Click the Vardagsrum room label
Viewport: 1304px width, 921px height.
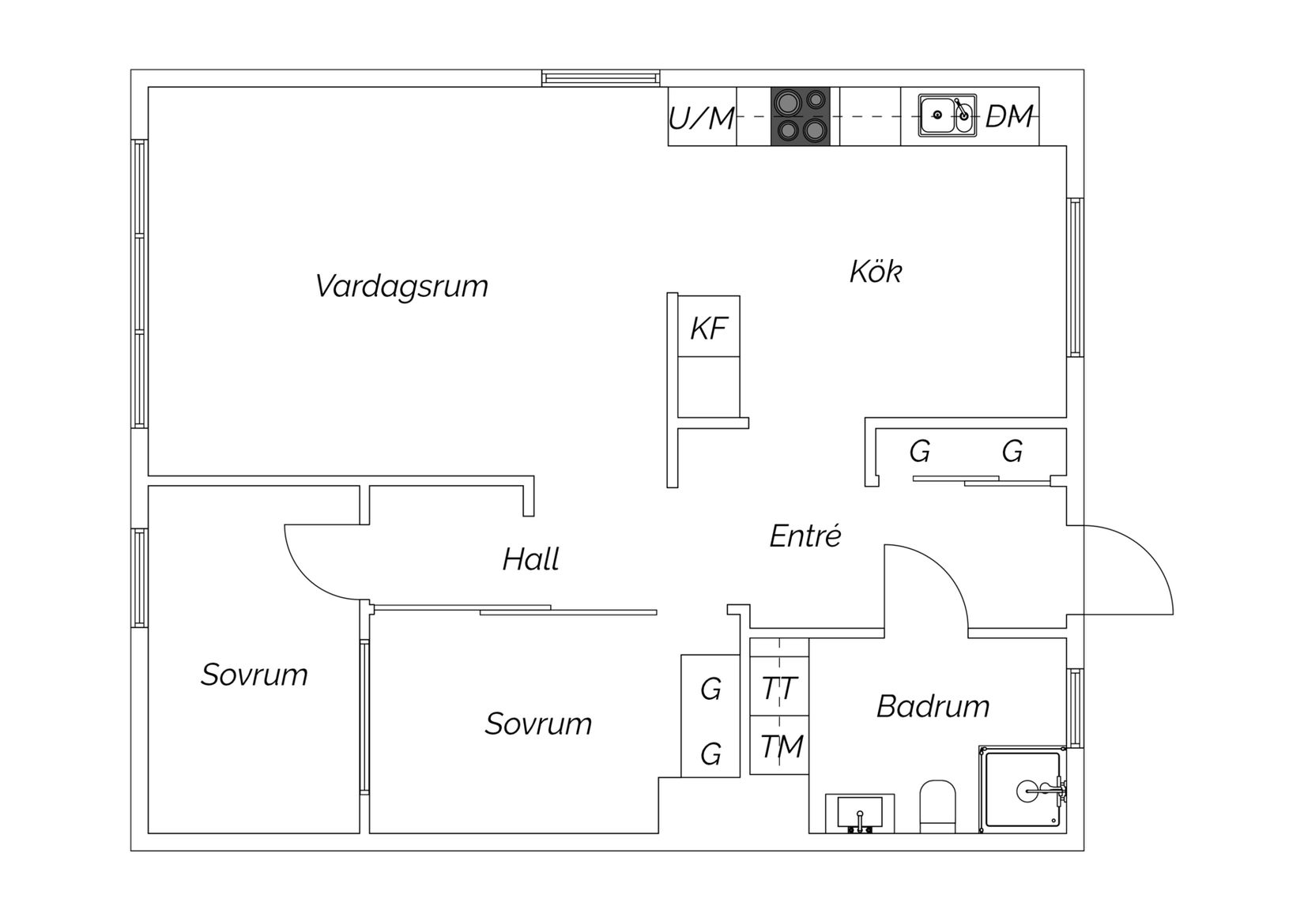pyautogui.click(x=401, y=286)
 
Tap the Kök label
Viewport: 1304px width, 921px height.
pyautogui.click(x=875, y=272)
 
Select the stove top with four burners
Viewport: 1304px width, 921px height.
pyautogui.click(x=801, y=116)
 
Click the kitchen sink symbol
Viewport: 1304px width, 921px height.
pyautogui.click(x=947, y=116)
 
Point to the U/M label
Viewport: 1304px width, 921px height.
pyautogui.click(x=702, y=118)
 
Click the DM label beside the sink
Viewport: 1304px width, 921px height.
pyautogui.click(x=1009, y=117)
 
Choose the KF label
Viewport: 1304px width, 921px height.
pyautogui.click(x=708, y=329)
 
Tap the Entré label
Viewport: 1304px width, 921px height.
pyautogui.click(x=805, y=536)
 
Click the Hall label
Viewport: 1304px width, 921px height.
pyautogui.click(x=530, y=559)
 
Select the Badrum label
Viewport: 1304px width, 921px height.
pyautogui.click(x=933, y=706)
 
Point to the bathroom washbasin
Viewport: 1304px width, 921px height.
pyautogui.click(x=860, y=813)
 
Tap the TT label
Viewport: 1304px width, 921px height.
pyautogui.click(x=779, y=688)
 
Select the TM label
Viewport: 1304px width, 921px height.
pyautogui.click(x=781, y=746)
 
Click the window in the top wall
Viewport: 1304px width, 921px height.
pyautogui.click(x=601, y=78)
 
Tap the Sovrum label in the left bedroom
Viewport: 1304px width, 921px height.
pyautogui.click(x=254, y=675)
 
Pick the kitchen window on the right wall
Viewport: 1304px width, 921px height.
pyautogui.click(x=1075, y=277)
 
